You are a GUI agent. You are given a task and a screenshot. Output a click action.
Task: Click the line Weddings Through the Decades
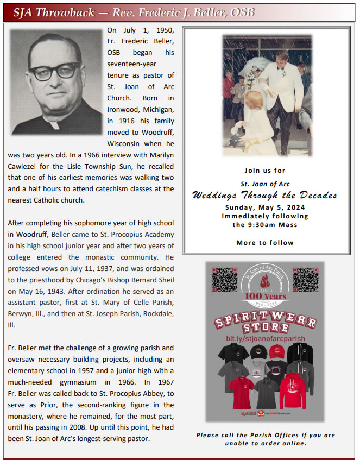[264, 196]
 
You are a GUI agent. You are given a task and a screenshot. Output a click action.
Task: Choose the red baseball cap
[277, 351]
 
